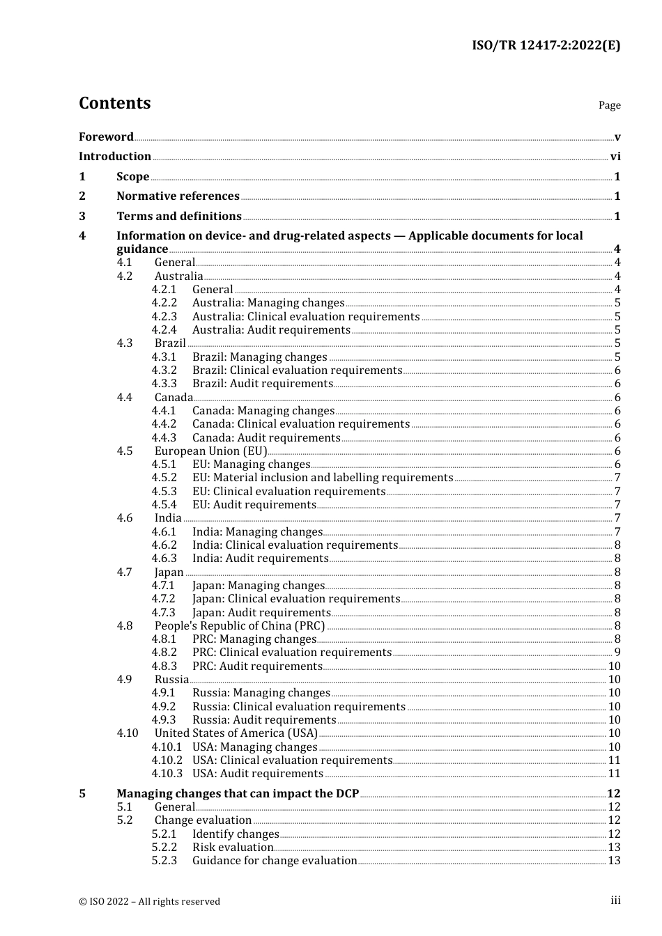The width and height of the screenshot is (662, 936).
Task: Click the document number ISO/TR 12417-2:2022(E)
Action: click(546, 46)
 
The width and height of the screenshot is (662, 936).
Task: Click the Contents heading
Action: click(114, 103)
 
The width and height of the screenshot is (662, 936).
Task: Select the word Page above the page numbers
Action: click(609, 105)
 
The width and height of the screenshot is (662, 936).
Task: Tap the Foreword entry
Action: click(106, 136)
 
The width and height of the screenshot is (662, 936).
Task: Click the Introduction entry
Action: click(115, 157)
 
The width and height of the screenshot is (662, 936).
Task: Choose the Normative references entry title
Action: click(178, 196)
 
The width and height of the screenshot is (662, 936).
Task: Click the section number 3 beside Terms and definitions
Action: click(82, 217)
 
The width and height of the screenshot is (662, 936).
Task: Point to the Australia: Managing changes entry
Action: click(268, 303)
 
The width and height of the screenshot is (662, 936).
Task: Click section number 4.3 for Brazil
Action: click(125, 343)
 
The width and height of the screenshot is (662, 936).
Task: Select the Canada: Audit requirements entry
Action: click(266, 438)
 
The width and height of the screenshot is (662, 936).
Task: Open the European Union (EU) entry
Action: click(210, 451)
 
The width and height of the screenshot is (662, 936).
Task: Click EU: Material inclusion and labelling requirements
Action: click(323, 478)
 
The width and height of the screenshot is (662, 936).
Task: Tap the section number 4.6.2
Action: click(164, 545)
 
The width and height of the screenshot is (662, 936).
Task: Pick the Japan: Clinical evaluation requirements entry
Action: click(296, 599)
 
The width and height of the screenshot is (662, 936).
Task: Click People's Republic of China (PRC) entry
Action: click(240, 626)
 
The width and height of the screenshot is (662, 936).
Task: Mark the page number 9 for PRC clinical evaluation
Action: click(617, 653)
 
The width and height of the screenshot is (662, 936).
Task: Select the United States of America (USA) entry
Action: click(236, 733)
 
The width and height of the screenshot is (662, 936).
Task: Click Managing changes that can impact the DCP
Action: click(238, 794)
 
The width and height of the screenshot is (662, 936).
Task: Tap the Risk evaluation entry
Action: click(233, 848)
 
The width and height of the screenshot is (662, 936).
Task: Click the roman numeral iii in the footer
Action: click(615, 900)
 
